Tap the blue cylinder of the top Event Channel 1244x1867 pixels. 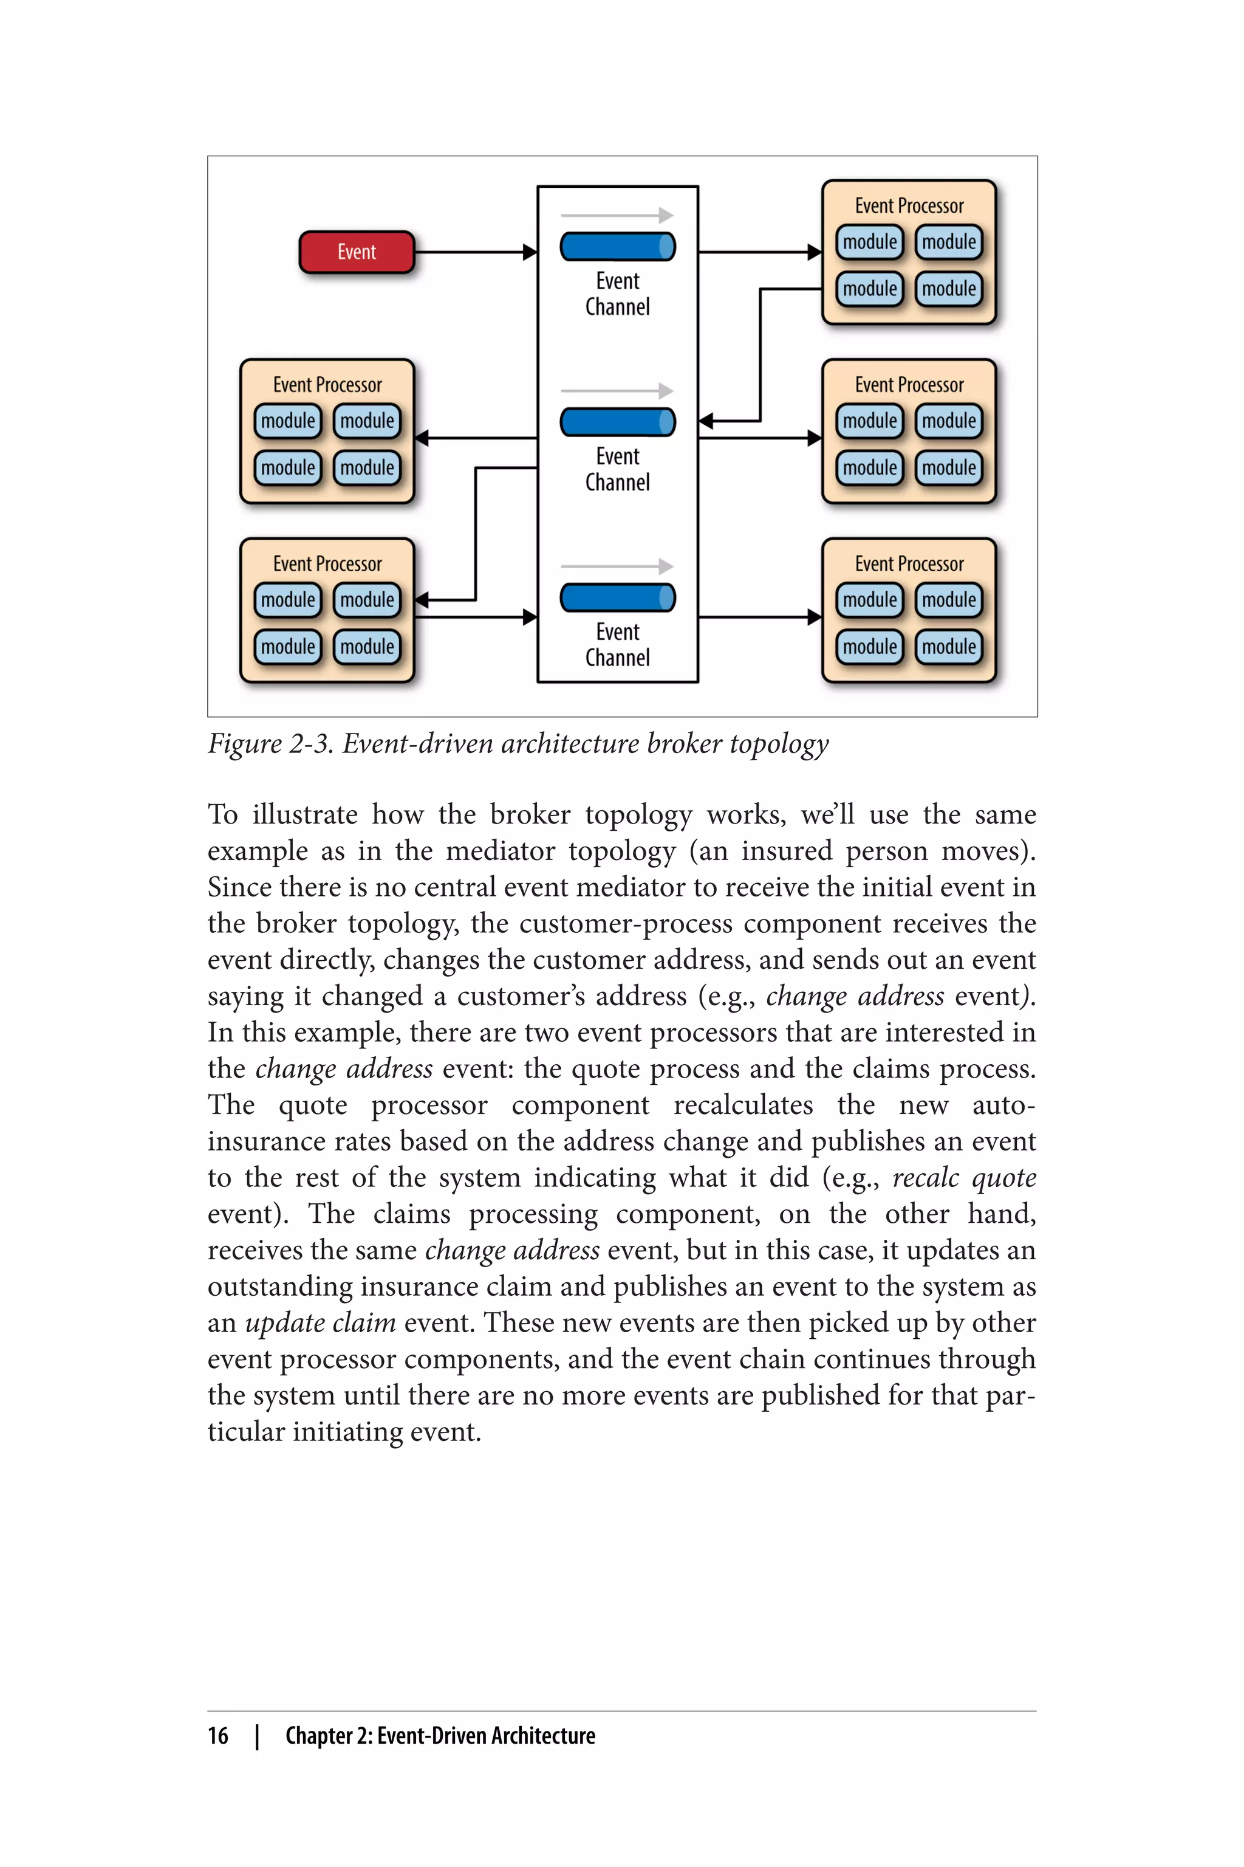point(617,246)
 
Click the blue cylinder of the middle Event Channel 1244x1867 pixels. point(617,422)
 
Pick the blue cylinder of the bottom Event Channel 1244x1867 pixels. point(617,597)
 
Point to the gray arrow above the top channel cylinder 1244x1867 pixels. point(617,215)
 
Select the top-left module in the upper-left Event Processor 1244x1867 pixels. point(288,421)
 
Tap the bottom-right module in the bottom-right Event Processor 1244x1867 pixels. point(949,647)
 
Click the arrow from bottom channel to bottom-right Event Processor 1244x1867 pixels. point(759,617)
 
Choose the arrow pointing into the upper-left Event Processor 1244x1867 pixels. point(476,438)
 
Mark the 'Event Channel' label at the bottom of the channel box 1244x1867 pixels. point(617,645)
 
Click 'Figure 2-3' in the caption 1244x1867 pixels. point(270,744)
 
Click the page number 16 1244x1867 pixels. point(218,1735)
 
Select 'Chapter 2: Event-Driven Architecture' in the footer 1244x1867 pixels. point(440,1735)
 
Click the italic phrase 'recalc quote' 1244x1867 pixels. point(963,1177)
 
